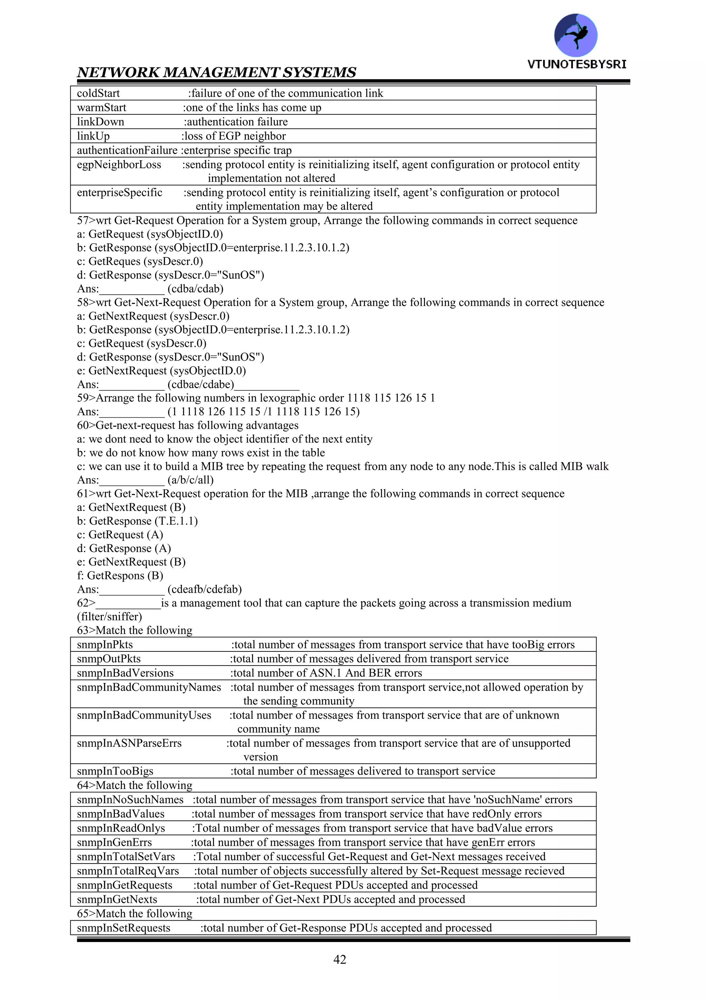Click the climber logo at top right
[575, 35]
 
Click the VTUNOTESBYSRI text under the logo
[577, 65]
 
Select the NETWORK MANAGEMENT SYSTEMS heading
[216, 72]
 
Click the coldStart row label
[98, 93]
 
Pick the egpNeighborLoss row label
[119, 165]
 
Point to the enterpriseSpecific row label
[119, 192]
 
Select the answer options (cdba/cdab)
[195, 289]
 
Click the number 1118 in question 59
[358, 398]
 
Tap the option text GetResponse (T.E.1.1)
[143, 521]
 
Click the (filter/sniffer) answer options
[110, 617]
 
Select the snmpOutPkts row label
[109, 659]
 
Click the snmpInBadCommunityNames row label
[149, 687]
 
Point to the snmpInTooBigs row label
[115, 771]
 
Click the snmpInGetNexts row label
[117, 899]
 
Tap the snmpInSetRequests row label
[123, 928]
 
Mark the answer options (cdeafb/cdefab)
[205, 589]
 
